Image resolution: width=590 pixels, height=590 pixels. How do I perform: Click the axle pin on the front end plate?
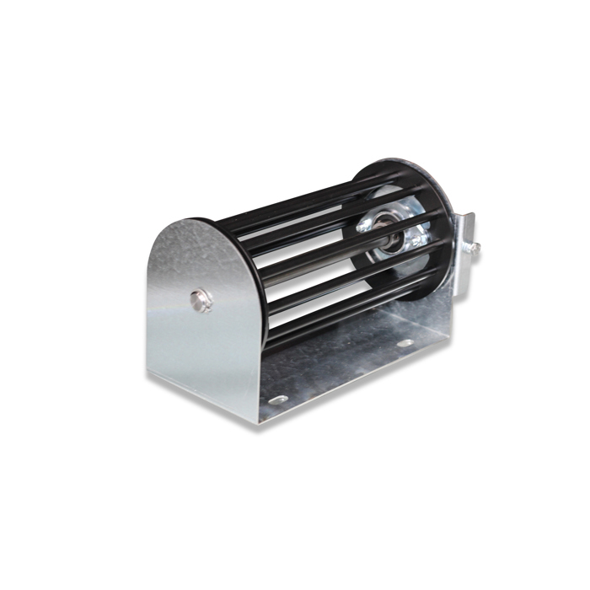coord(201,299)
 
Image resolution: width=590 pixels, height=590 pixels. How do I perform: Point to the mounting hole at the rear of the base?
coord(405,343)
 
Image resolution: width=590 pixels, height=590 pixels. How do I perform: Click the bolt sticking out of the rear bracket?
coord(475,247)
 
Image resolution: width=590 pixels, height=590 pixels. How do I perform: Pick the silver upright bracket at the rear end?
coord(464,253)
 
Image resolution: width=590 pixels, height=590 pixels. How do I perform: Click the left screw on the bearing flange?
coord(364,226)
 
